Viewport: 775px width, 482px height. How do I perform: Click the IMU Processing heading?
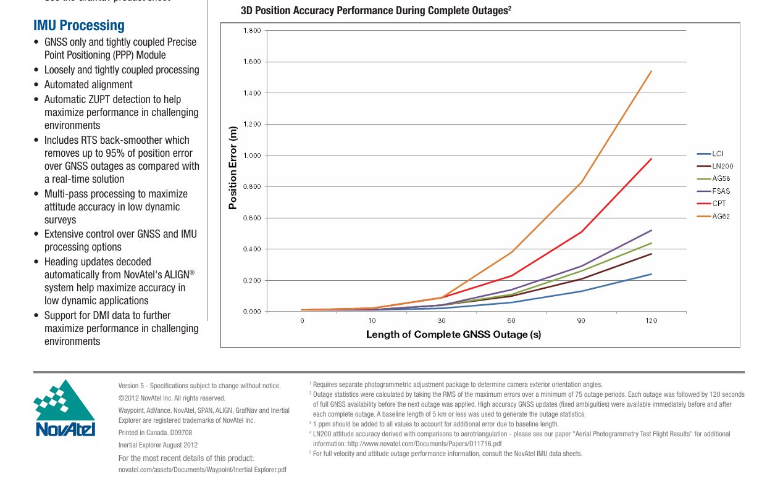click(79, 25)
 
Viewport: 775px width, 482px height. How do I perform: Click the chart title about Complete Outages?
click(376, 10)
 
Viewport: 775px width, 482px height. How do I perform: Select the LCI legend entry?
click(710, 154)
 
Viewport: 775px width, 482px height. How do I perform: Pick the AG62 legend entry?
click(713, 217)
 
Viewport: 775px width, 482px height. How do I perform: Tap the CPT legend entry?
click(711, 204)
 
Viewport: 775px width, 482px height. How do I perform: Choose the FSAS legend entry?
click(713, 191)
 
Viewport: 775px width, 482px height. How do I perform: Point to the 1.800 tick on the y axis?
click(252, 30)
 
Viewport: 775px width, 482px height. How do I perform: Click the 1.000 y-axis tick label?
click(252, 156)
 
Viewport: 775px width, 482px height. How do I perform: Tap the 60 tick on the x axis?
click(511, 321)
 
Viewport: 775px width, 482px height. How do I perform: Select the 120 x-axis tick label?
click(651, 321)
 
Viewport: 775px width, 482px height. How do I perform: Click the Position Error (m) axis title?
click(233, 168)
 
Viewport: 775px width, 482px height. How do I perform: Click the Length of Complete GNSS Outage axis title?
click(454, 334)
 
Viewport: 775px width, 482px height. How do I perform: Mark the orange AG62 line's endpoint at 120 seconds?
click(651, 71)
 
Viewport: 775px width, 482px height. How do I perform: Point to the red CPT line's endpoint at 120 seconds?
click(651, 159)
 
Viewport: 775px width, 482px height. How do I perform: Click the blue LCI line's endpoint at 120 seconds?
click(651, 274)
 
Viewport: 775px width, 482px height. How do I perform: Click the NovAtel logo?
click(64, 408)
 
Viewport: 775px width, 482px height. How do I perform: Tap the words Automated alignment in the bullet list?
click(88, 85)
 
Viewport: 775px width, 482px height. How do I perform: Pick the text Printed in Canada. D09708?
click(155, 433)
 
